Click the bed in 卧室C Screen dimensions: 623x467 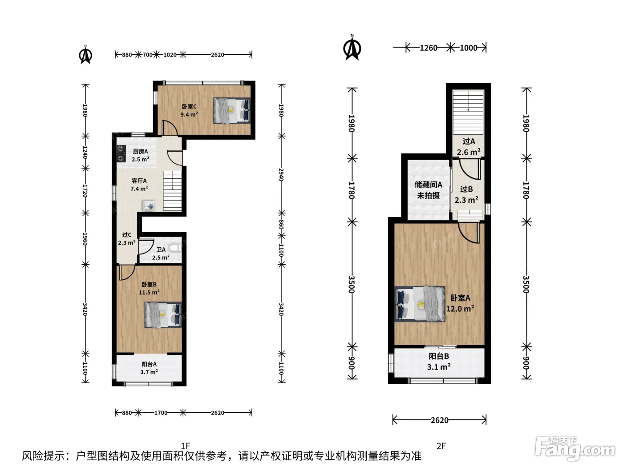click(232, 111)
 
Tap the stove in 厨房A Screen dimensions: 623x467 click(121, 154)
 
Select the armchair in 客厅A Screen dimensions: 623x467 click(149, 205)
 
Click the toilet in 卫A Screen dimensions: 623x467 click(175, 248)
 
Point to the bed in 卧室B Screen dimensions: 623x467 click(163, 315)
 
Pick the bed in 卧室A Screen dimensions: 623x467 click(420, 304)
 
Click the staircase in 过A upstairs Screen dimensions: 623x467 click(468, 113)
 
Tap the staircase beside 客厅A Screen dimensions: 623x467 click(172, 191)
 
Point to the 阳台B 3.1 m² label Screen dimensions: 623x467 click(439, 362)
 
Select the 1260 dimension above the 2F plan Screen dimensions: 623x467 click(428, 48)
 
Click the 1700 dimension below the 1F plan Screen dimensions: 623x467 click(161, 413)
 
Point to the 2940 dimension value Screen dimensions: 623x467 click(281, 175)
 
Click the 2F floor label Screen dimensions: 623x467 click(441, 446)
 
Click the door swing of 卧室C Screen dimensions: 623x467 click(170, 128)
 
